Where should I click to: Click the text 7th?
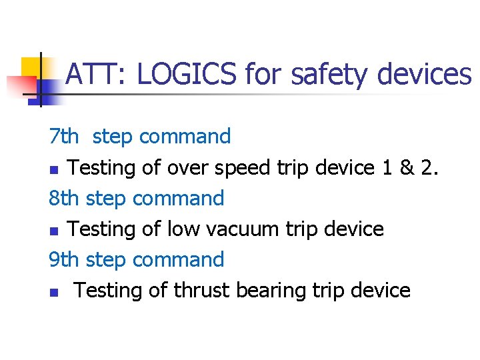[63, 137]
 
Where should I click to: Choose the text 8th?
[64, 198]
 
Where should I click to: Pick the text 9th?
[64, 259]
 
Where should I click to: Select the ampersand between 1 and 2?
[406, 167]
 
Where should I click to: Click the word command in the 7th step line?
[185, 137]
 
